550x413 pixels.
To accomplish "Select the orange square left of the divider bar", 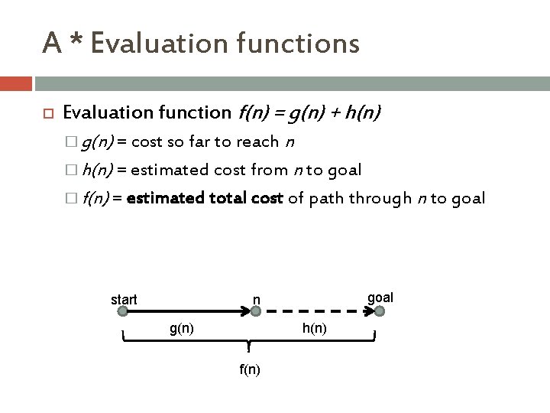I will coord(16,83).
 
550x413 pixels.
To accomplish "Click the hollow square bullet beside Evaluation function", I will coord(47,114).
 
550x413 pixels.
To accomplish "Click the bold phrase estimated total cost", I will coord(205,198).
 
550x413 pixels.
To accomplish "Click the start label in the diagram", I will coord(124,300).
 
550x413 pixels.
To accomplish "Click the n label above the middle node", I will coord(257,299).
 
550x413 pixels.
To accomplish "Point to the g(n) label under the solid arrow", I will coord(181,328).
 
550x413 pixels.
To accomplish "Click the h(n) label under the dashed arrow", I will coord(315,328).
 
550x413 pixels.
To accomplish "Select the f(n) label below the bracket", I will coord(249,369).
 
